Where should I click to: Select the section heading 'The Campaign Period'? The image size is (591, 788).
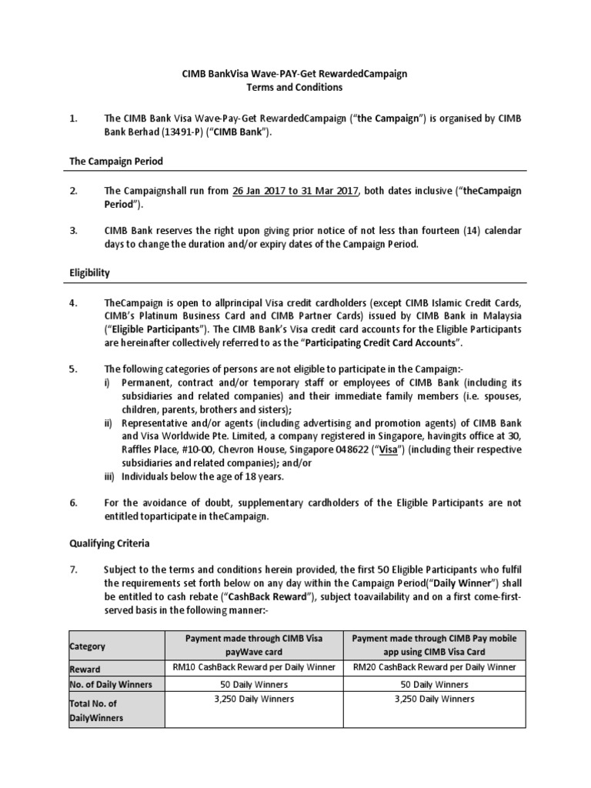pos(116,162)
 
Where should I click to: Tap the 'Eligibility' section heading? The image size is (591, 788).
pos(90,272)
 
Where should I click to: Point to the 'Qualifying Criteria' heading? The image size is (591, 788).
pos(109,543)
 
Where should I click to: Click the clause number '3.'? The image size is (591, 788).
pos(74,229)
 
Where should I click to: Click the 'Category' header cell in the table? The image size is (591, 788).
pos(88,646)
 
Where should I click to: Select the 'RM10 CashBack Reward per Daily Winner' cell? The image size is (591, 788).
pos(253,667)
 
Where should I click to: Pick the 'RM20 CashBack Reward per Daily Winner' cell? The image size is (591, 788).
pos(433,667)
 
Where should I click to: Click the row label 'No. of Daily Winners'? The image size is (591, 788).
pos(111,684)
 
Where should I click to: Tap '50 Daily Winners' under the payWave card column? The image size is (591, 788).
pos(253,683)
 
